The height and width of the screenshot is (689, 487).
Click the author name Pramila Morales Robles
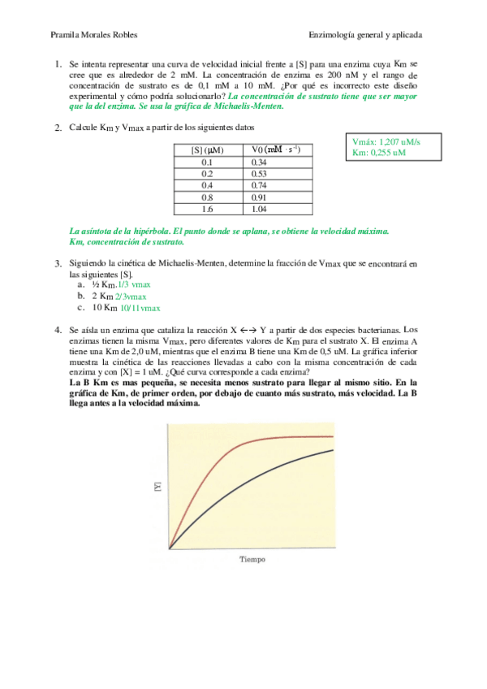pos(94,36)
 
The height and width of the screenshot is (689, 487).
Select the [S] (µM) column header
pos(207,149)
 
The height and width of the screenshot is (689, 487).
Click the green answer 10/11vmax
pos(140,308)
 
